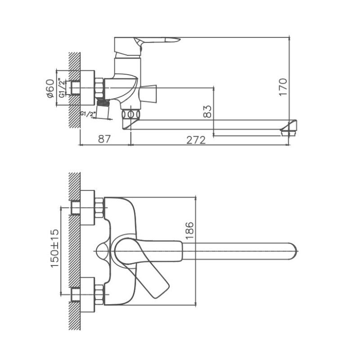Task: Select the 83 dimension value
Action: (x=207, y=112)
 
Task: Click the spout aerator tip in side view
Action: (x=288, y=128)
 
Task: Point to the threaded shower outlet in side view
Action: (x=104, y=110)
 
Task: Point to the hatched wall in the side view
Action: (x=74, y=90)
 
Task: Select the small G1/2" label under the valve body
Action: (x=88, y=114)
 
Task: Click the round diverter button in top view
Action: (x=102, y=251)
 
